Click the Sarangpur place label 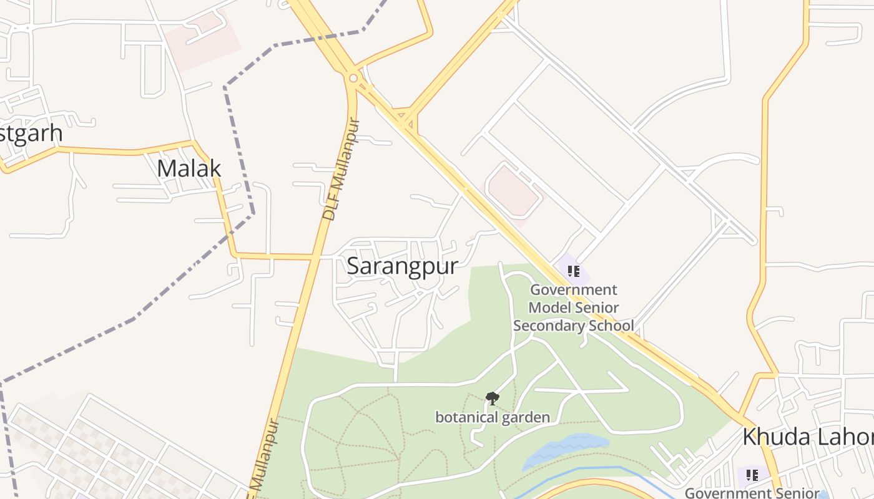(x=402, y=266)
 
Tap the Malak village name (x=189, y=168)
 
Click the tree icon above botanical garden (x=492, y=398)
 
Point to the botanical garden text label (x=493, y=417)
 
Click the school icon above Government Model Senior (x=574, y=271)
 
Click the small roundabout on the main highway (x=353, y=78)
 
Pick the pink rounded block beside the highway (x=513, y=191)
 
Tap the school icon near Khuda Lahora (x=752, y=475)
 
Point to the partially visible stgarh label (x=31, y=133)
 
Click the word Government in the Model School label (x=573, y=289)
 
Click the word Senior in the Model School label (x=597, y=308)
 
